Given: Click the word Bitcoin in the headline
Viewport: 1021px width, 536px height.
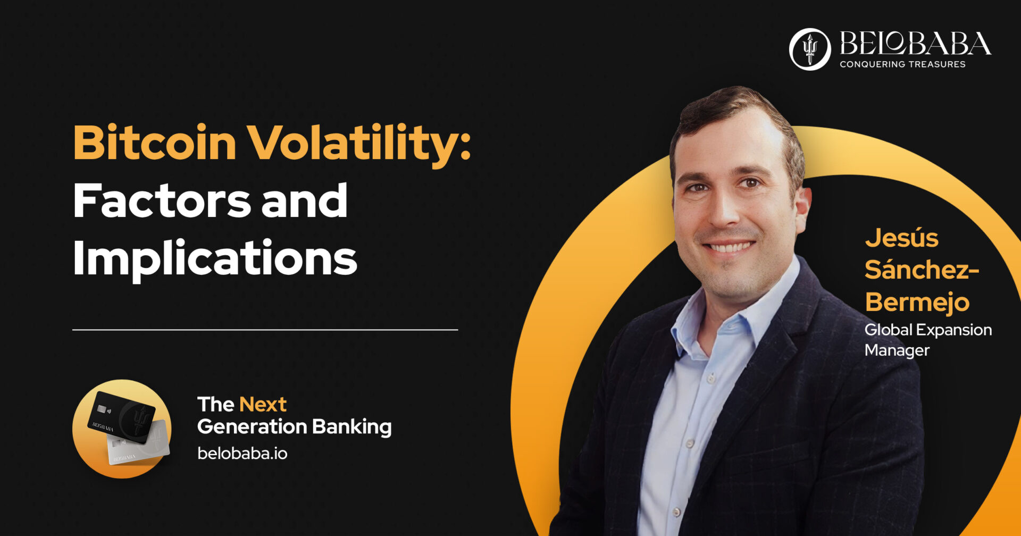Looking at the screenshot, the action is tap(155, 142).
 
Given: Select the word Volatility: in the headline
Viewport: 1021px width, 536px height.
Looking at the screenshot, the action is tap(360, 145).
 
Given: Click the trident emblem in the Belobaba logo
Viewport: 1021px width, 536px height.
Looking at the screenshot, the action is tap(809, 49).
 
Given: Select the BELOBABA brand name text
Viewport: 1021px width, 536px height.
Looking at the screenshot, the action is tap(915, 43).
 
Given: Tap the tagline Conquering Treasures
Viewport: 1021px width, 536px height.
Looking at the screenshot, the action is tap(902, 64).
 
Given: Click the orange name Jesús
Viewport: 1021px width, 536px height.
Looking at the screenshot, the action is tap(901, 238).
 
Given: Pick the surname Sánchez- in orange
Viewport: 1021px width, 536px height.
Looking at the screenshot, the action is tap(922, 270).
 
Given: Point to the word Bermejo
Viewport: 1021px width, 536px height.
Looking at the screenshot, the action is tap(917, 303).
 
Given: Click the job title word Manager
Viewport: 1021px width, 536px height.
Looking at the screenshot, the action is tap(897, 350).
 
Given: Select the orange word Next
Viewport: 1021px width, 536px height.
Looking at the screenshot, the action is tap(263, 405).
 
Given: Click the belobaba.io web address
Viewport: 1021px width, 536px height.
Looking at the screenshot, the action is tap(242, 454).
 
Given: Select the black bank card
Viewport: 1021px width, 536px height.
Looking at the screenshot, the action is tap(121, 417).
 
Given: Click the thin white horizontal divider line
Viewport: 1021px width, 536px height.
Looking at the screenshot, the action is tap(265, 330).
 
